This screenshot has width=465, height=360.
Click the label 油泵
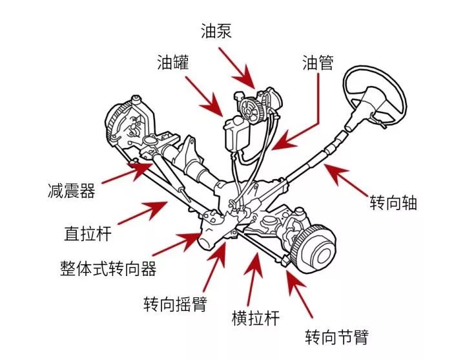click(x=217, y=31)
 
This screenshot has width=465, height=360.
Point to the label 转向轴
click(x=393, y=203)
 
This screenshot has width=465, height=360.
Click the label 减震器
click(x=71, y=191)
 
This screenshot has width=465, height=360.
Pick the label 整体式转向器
click(x=108, y=268)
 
